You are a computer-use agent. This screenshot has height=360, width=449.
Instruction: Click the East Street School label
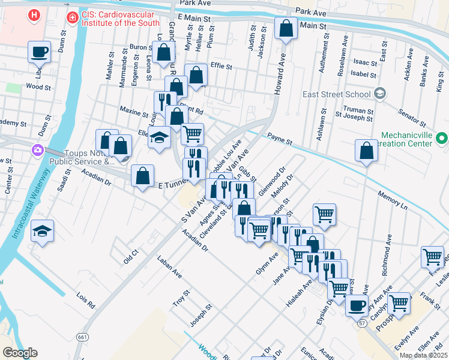click(x=336, y=94)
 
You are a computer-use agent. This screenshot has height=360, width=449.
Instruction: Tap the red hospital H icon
click(x=35, y=14)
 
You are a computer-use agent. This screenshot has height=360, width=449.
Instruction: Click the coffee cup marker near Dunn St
click(x=40, y=52)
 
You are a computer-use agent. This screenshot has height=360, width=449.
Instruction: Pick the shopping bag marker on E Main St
click(x=286, y=27)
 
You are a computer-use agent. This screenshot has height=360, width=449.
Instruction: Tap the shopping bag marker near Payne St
click(x=366, y=150)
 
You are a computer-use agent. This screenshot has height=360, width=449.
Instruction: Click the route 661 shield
click(x=81, y=337)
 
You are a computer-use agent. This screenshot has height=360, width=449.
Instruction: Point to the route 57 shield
click(x=363, y=323)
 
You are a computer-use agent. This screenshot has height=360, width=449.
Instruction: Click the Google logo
click(x=20, y=353)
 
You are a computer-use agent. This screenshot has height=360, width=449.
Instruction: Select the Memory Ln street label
click(x=392, y=200)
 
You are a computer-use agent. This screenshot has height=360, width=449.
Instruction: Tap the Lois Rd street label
click(x=86, y=300)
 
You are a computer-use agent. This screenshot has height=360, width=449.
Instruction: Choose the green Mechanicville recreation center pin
click(x=442, y=139)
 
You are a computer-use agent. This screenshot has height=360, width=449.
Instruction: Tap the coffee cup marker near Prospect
click(x=357, y=305)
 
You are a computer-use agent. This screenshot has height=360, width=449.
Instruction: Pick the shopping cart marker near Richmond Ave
click(x=432, y=257)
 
